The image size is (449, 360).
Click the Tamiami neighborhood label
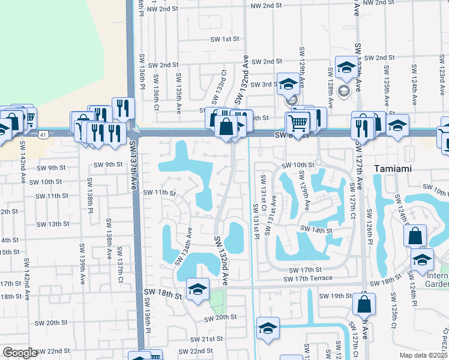[x=394, y=169]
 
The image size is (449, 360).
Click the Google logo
[x=20, y=353]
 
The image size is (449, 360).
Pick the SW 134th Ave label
[x=183, y=245]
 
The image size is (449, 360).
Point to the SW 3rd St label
[x=264, y=85]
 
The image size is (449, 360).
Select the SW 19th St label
[x=335, y=296]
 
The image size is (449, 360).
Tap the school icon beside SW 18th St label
[x=197, y=290]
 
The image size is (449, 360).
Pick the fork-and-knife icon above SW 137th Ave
[x=123, y=108]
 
